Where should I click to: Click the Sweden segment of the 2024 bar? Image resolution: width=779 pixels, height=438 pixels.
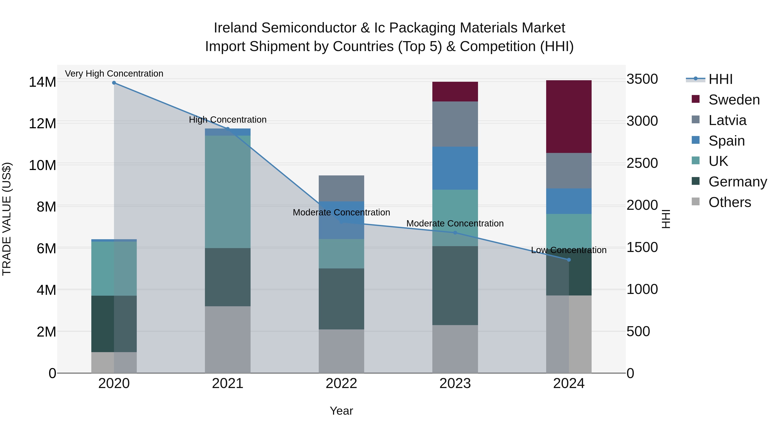568,116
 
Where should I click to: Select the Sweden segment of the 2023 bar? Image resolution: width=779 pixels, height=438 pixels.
455,91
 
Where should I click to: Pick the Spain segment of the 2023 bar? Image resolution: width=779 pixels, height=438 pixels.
455,168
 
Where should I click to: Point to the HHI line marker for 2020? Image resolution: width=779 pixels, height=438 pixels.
114,83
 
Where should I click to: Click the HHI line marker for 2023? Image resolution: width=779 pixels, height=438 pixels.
455,233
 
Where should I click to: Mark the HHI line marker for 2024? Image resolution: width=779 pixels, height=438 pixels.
568,260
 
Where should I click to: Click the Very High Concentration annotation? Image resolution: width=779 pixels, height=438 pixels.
114,74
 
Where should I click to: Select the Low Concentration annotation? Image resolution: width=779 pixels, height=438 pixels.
568,250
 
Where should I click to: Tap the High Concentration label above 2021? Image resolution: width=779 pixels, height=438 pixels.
227,119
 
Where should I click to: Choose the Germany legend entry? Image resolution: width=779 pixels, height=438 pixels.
737,182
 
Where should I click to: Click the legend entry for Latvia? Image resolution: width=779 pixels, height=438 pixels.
727,120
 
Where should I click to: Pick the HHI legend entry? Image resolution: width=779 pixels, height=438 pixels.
720,79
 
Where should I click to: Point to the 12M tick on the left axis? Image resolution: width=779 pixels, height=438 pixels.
42,124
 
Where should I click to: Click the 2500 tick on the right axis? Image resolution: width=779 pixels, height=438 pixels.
642,163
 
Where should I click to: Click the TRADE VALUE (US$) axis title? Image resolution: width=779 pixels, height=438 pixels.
7,219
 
